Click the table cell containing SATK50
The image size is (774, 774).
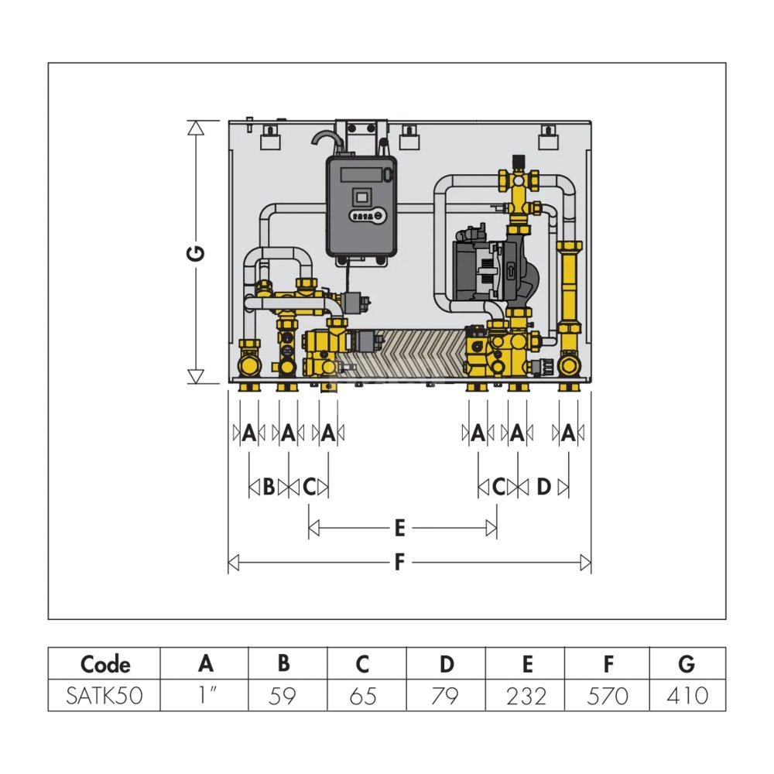(105, 696)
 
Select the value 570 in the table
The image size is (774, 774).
(608, 696)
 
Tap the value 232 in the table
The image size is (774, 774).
(526, 696)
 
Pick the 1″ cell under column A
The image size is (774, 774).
(205, 696)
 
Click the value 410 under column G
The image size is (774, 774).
(687, 696)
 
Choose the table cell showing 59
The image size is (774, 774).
(284, 696)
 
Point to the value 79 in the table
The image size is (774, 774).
(446, 696)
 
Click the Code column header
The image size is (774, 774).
(105, 664)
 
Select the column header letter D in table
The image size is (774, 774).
(447, 664)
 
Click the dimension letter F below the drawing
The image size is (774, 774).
(399, 563)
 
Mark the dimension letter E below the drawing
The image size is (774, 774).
(399, 528)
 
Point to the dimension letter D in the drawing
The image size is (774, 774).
(543, 487)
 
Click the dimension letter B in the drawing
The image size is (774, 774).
(269, 487)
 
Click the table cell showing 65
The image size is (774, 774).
(364, 696)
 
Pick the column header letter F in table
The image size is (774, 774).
(608, 664)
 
